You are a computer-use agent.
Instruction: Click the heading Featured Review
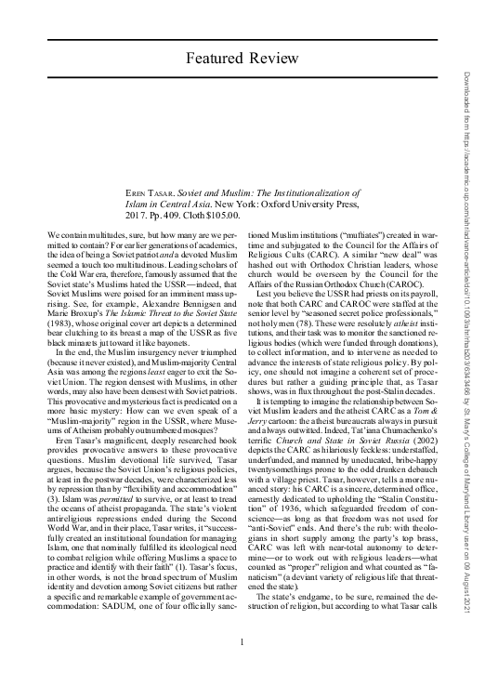click(241, 59)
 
